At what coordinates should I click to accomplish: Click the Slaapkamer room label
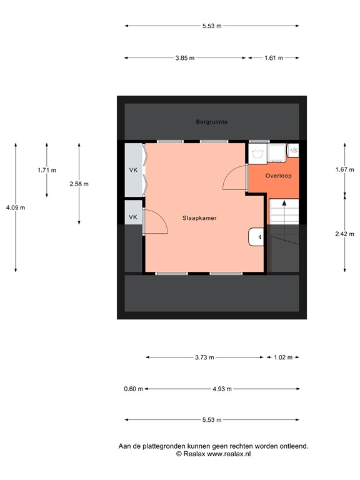(x=199, y=218)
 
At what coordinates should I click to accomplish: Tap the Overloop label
(x=278, y=176)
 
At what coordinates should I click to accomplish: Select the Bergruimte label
(x=212, y=122)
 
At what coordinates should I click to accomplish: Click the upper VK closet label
(x=133, y=170)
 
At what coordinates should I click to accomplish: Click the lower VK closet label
(x=133, y=217)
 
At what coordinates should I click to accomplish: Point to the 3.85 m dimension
(x=185, y=58)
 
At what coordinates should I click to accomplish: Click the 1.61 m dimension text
(x=274, y=58)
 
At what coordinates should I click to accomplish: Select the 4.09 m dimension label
(x=16, y=207)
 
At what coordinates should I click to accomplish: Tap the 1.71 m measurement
(x=47, y=170)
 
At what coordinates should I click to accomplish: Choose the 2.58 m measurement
(x=79, y=184)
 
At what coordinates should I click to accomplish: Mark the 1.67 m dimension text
(x=345, y=169)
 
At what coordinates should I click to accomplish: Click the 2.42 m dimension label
(x=345, y=234)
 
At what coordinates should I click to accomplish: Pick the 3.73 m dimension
(x=204, y=357)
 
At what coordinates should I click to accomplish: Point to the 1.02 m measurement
(x=283, y=357)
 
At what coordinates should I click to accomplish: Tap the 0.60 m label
(x=134, y=389)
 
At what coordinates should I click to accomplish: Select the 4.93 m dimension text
(x=222, y=389)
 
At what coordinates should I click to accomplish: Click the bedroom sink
(x=256, y=237)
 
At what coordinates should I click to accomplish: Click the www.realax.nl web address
(x=229, y=454)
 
